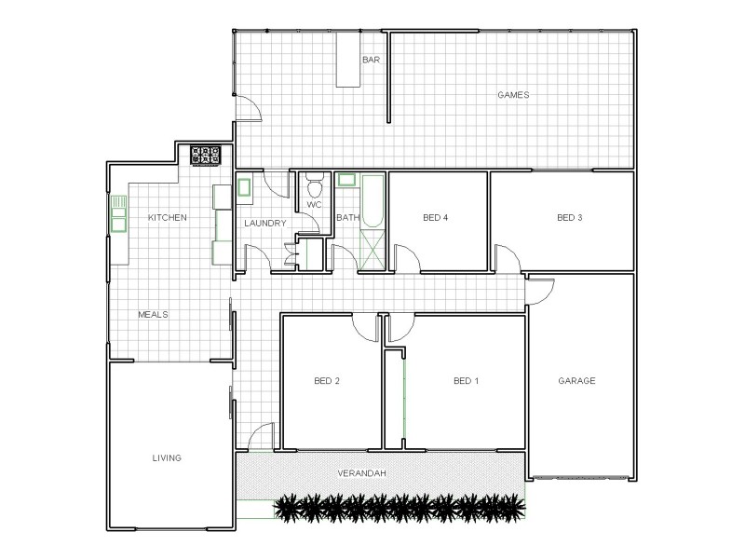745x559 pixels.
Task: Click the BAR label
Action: [x=371, y=60]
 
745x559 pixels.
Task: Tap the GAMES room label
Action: [x=513, y=95]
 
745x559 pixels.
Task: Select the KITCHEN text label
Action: [x=169, y=218]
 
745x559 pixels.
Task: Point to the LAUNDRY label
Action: [x=264, y=224]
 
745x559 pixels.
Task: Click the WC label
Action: [x=314, y=204]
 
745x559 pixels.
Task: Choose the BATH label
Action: [x=347, y=218]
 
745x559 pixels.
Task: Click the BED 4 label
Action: [x=436, y=218]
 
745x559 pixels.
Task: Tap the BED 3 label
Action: [x=569, y=218]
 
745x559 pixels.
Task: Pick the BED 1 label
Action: [x=466, y=380]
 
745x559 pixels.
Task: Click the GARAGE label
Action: [x=576, y=380]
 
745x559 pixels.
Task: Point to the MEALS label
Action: [x=153, y=315]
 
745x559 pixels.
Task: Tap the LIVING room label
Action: [x=167, y=457]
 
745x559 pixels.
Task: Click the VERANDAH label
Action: [x=362, y=473]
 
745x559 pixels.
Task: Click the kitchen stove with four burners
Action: [x=205, y=156]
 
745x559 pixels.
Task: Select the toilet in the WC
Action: [x=314, y=183]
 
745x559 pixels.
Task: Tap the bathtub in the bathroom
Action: [x=372, y=201]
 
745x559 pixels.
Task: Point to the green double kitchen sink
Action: [x=118, y=213]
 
